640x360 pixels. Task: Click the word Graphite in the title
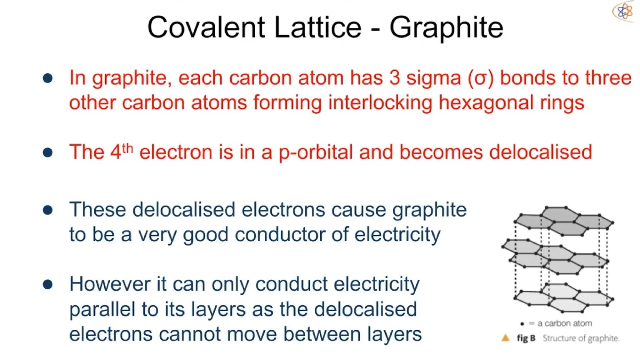(446, 28)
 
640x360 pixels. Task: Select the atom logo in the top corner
(623, 12)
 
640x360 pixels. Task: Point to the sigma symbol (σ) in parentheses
(481, 78)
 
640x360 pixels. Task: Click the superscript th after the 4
(127, 149)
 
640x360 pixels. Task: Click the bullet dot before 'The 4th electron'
(48, 152)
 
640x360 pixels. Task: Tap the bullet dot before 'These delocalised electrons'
(48, 210)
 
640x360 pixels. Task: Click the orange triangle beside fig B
(505, 338)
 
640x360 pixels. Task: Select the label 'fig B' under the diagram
(526, 338)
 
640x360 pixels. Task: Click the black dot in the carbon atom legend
(522, 324)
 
